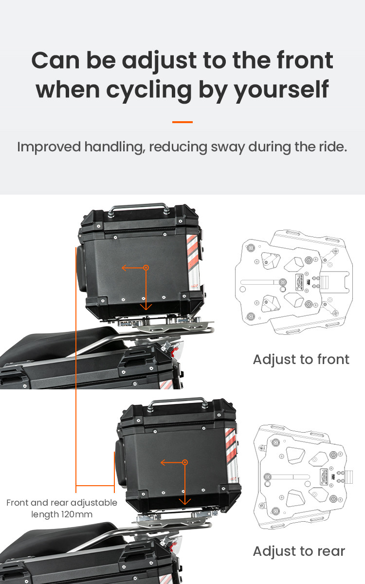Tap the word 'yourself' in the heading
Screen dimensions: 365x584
pos(281,91)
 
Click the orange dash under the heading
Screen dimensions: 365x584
pos(182,122)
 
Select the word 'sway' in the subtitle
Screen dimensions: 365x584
pos(228,147)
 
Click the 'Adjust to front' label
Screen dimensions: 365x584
pos(301,360)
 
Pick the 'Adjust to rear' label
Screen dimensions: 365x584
pos(299,551)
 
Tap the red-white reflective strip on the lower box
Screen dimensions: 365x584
pos(231,456)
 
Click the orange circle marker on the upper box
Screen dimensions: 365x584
pos(146,268)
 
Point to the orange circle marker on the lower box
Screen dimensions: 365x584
pos(185,462)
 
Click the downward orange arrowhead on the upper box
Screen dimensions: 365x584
pos(146,307)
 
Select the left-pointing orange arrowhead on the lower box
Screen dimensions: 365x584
pos(163,462)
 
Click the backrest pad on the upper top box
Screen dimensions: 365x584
pos(82,269)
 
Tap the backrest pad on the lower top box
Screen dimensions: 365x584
pos(120,463)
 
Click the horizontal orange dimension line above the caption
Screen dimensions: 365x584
pos(95,486)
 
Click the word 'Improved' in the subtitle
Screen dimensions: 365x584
pos(49,147)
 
